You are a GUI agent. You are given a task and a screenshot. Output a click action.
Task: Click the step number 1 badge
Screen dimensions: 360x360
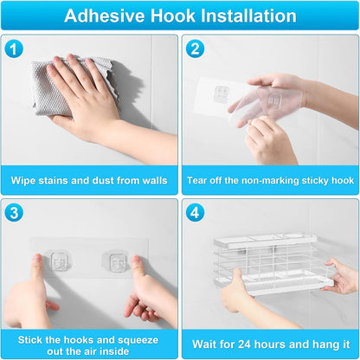pyautogui.click(x=14, y=48)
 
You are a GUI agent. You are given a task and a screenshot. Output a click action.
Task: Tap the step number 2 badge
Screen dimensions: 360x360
pyautogui.click(x=195, y=48)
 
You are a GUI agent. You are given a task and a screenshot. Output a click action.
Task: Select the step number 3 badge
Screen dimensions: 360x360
pyautogui.click(x=14, y=213)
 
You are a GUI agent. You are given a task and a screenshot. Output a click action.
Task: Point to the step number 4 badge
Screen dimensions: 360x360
pyautogui.click(x=195, y=213)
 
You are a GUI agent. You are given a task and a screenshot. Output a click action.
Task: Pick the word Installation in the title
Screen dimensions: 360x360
pyautogui.click(x=248, y=16)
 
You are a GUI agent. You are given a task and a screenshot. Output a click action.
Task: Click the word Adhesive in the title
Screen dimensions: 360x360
pyautogui.click(x=105, y=16)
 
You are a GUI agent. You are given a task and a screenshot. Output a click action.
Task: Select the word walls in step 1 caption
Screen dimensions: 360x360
pyautogui.click(x=155, y=181)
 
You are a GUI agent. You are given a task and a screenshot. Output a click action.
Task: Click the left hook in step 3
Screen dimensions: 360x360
pyautogui.click(x=59, y=261)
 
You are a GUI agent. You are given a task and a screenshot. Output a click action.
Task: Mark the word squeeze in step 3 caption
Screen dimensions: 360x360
pyautogui.click(x=139, y=340)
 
